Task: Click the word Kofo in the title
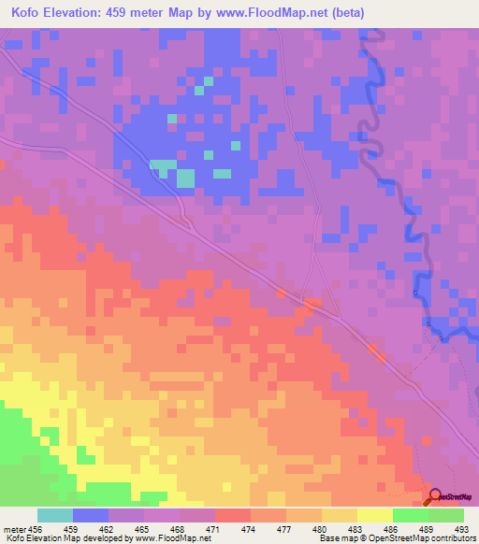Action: click(30, 13)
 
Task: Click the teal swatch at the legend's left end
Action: click(55, 515)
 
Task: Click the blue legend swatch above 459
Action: click(91, 515)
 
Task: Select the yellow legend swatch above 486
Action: click(375, 515)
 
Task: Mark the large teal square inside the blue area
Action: click(185, 177)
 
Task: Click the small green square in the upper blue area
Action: click(172, 119)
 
